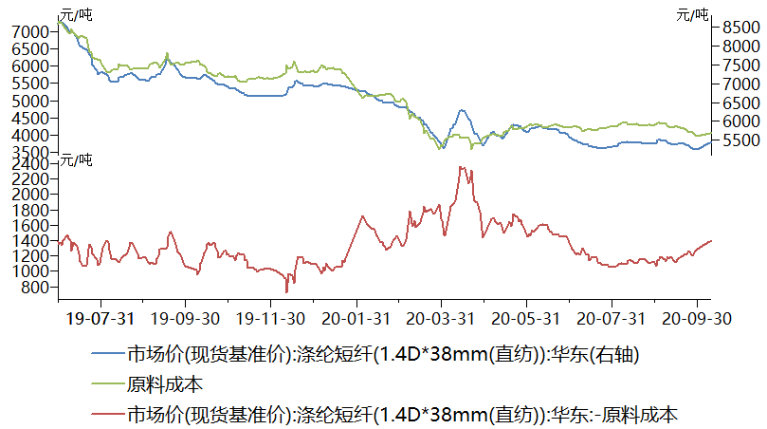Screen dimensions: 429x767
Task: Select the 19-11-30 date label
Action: pos(271,318)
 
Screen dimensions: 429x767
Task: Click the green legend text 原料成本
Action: pos(163,384)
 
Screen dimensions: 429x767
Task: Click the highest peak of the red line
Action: pos(461,168)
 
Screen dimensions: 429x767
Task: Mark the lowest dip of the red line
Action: pos(286,291)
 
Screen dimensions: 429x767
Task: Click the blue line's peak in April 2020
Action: pos(462,110)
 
